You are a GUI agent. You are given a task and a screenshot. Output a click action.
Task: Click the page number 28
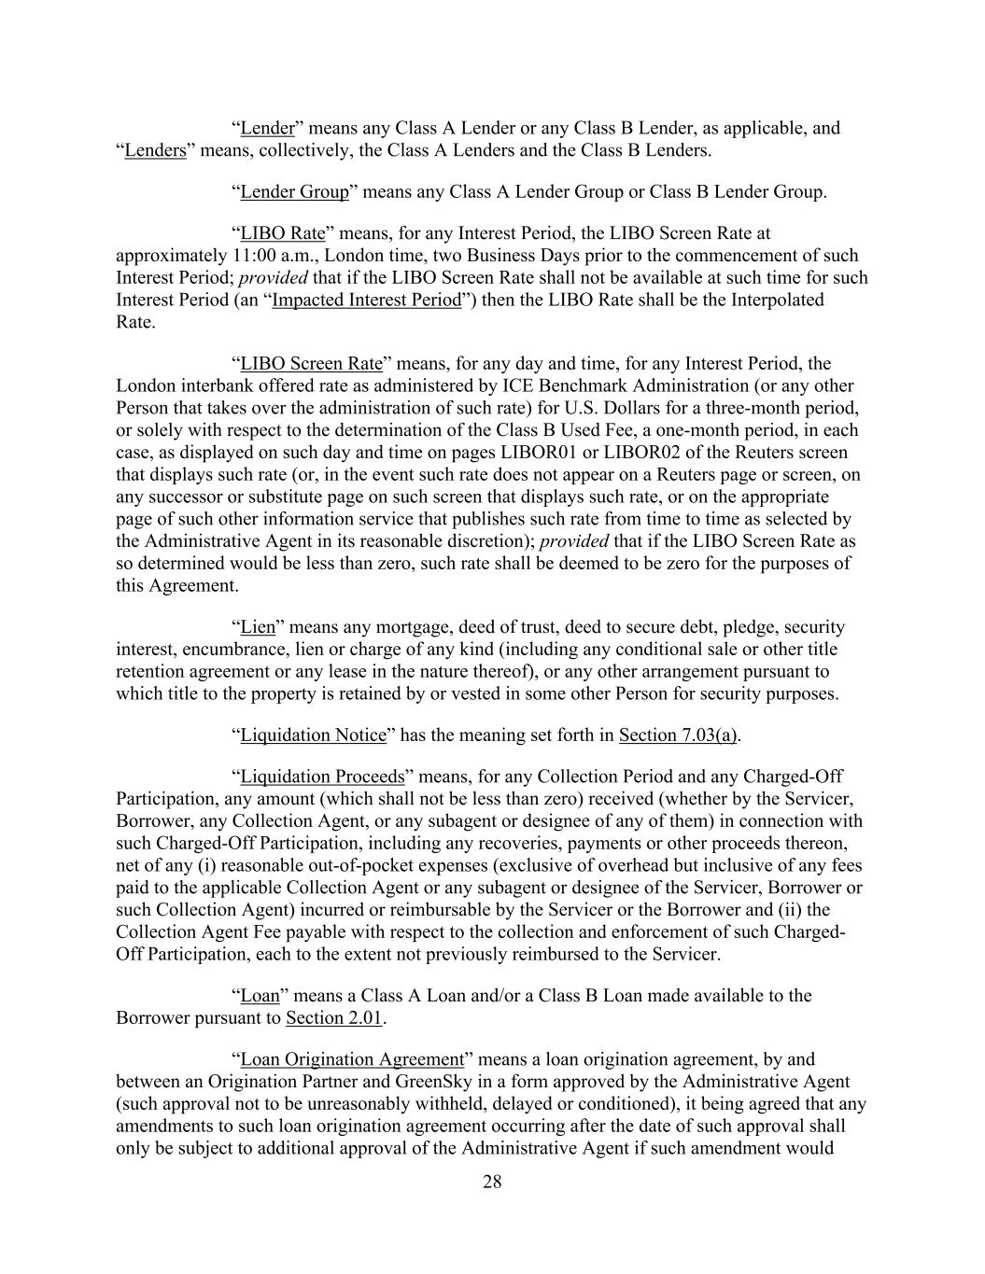coord(492,1183)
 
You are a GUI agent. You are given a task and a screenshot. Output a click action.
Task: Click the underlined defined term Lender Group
coord(294,192)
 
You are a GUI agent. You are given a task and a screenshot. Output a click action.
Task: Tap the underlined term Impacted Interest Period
coord(366,301)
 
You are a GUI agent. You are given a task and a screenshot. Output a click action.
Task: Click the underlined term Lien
coord(258,627)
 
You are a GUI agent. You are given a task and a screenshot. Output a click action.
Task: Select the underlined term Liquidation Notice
coord(313,735)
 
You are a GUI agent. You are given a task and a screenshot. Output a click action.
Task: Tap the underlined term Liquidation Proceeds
coord(322,777)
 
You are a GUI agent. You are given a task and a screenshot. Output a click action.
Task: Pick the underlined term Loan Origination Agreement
coord(352,1059)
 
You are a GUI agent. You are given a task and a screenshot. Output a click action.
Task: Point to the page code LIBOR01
coord(535,453)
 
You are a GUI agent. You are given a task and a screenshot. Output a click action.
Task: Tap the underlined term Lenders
coord(155,151)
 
